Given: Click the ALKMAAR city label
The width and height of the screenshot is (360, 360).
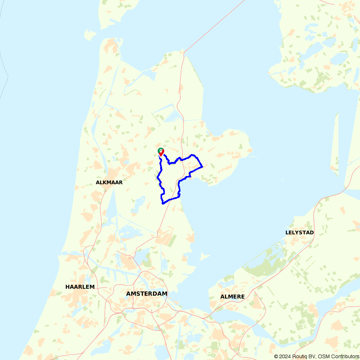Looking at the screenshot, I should click(x=109, y=183).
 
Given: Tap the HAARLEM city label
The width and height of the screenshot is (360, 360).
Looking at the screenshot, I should click(x=80, y=287).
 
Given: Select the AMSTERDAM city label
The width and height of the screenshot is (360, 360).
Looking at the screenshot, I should click(x=147, y=294).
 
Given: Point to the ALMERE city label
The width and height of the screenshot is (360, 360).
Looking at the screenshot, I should click(x=232, y=297).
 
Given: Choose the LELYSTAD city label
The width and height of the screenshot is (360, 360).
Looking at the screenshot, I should click(x=300, y=233).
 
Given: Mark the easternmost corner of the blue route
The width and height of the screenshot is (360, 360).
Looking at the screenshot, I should click(x=202, y=167).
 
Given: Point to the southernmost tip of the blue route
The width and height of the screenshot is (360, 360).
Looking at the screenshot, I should click(x=163, y=203).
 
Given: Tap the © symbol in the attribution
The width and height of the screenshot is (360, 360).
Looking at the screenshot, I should click(x=276, y=356).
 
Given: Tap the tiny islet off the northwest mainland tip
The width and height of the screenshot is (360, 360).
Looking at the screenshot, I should click(x=90, y=35).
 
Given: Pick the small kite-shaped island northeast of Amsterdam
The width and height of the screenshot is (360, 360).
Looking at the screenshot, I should click(x=204, y=257).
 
